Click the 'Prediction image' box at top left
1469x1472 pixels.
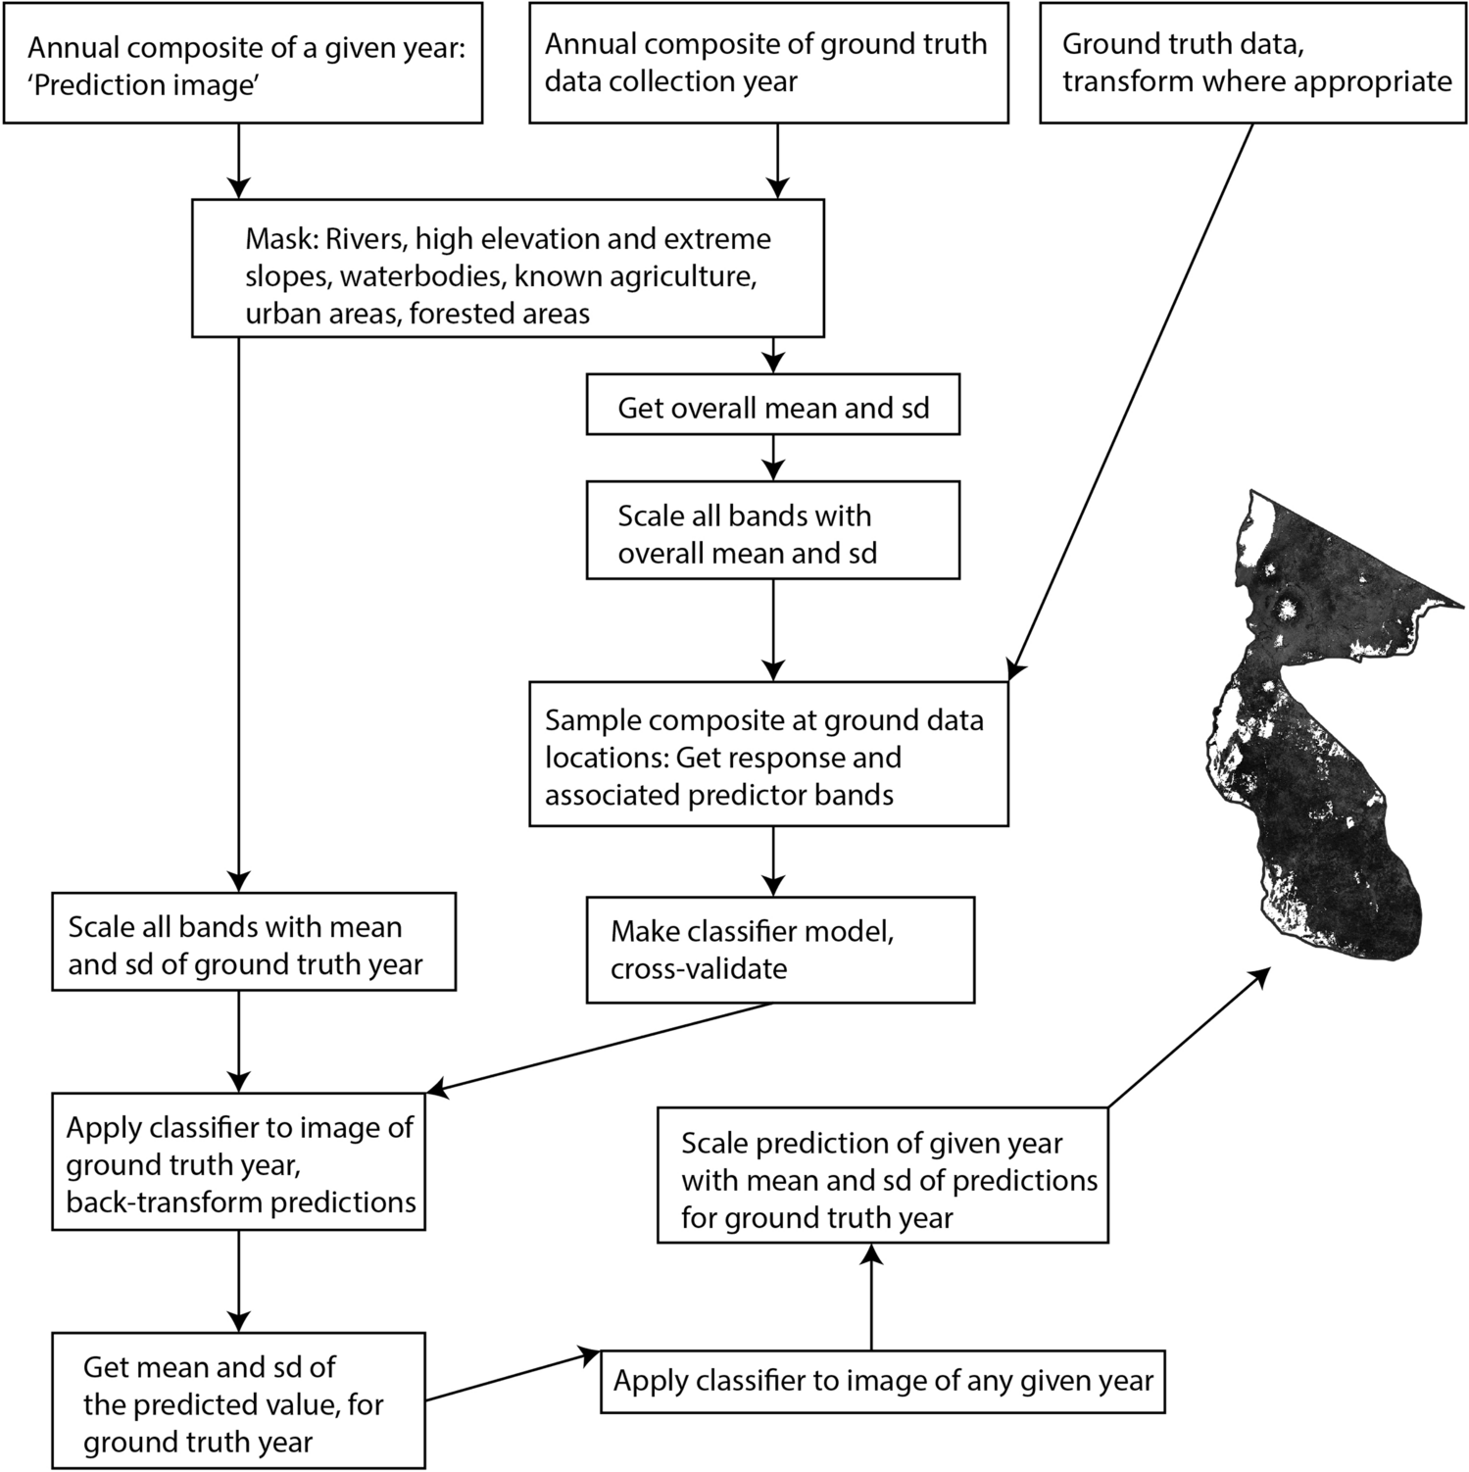coord(242,63)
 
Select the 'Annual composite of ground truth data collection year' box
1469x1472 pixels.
coord(768,63)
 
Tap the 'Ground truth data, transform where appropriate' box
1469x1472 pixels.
coord(1253,63)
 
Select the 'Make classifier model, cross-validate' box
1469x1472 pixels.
coord(780,950)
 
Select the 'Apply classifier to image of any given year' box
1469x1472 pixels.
coord(882,1382)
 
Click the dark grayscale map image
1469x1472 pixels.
coord(1313,745)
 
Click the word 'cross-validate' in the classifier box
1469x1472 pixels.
coord(699,969)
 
